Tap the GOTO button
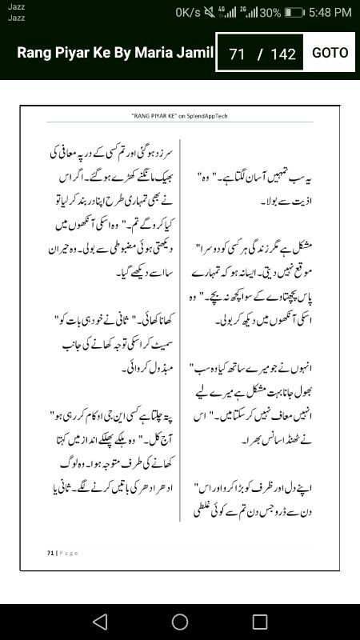330,53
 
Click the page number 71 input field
236,54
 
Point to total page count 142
283,54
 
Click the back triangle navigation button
99,622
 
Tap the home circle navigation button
180,622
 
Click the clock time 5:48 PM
330,13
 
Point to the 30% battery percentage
270,13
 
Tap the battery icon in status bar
294,13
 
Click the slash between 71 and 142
259,54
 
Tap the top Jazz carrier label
15,6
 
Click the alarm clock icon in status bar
210,13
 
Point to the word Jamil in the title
198,53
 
